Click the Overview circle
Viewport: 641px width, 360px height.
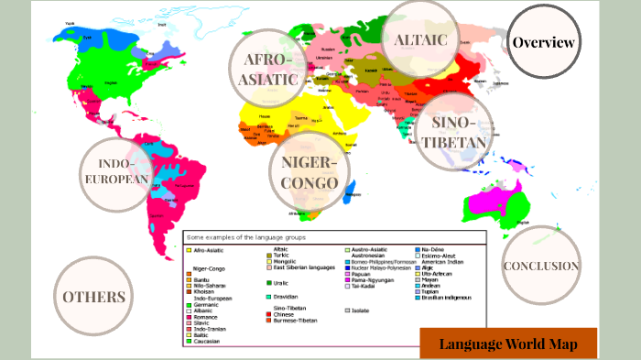(544, 42)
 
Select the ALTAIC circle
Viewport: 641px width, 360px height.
(420, 38)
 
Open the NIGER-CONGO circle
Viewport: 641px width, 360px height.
(310, 172)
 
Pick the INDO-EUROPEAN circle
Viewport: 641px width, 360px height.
(115, 171)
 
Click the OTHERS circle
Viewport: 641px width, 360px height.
(93, 296)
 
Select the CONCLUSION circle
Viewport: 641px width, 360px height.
(541, 266)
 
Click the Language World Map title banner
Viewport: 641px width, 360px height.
(508, 344)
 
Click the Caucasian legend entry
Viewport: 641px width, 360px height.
(211, 341)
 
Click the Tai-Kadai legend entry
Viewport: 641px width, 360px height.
(364, 287)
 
